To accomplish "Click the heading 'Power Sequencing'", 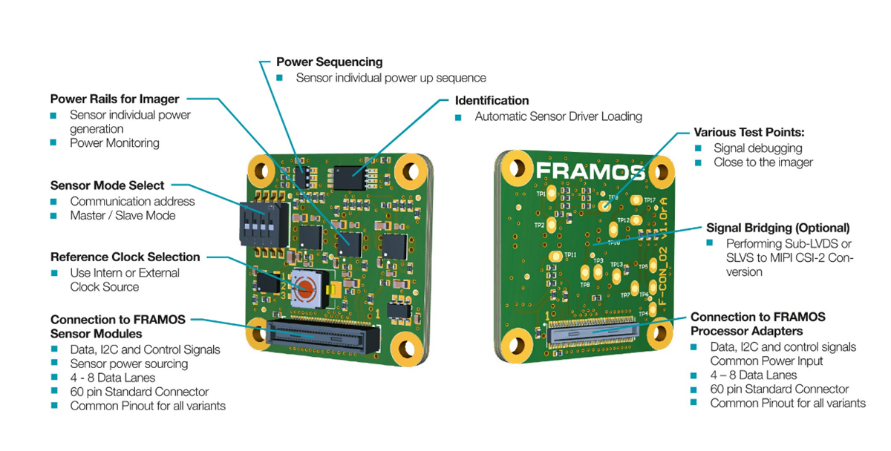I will click(329, 62).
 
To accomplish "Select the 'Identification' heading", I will click(492, 100).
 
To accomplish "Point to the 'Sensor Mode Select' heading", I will click(107, 185).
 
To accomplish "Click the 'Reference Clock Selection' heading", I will click(125, 257).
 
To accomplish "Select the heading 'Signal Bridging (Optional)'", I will click(777, 228).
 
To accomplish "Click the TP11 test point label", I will click(570, 254).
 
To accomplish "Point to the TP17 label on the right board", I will click(650, 200).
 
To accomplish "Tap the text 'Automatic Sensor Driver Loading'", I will click(558, 116).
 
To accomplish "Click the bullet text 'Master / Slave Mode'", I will click(123, 215).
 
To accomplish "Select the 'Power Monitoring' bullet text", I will click(114, 142).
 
